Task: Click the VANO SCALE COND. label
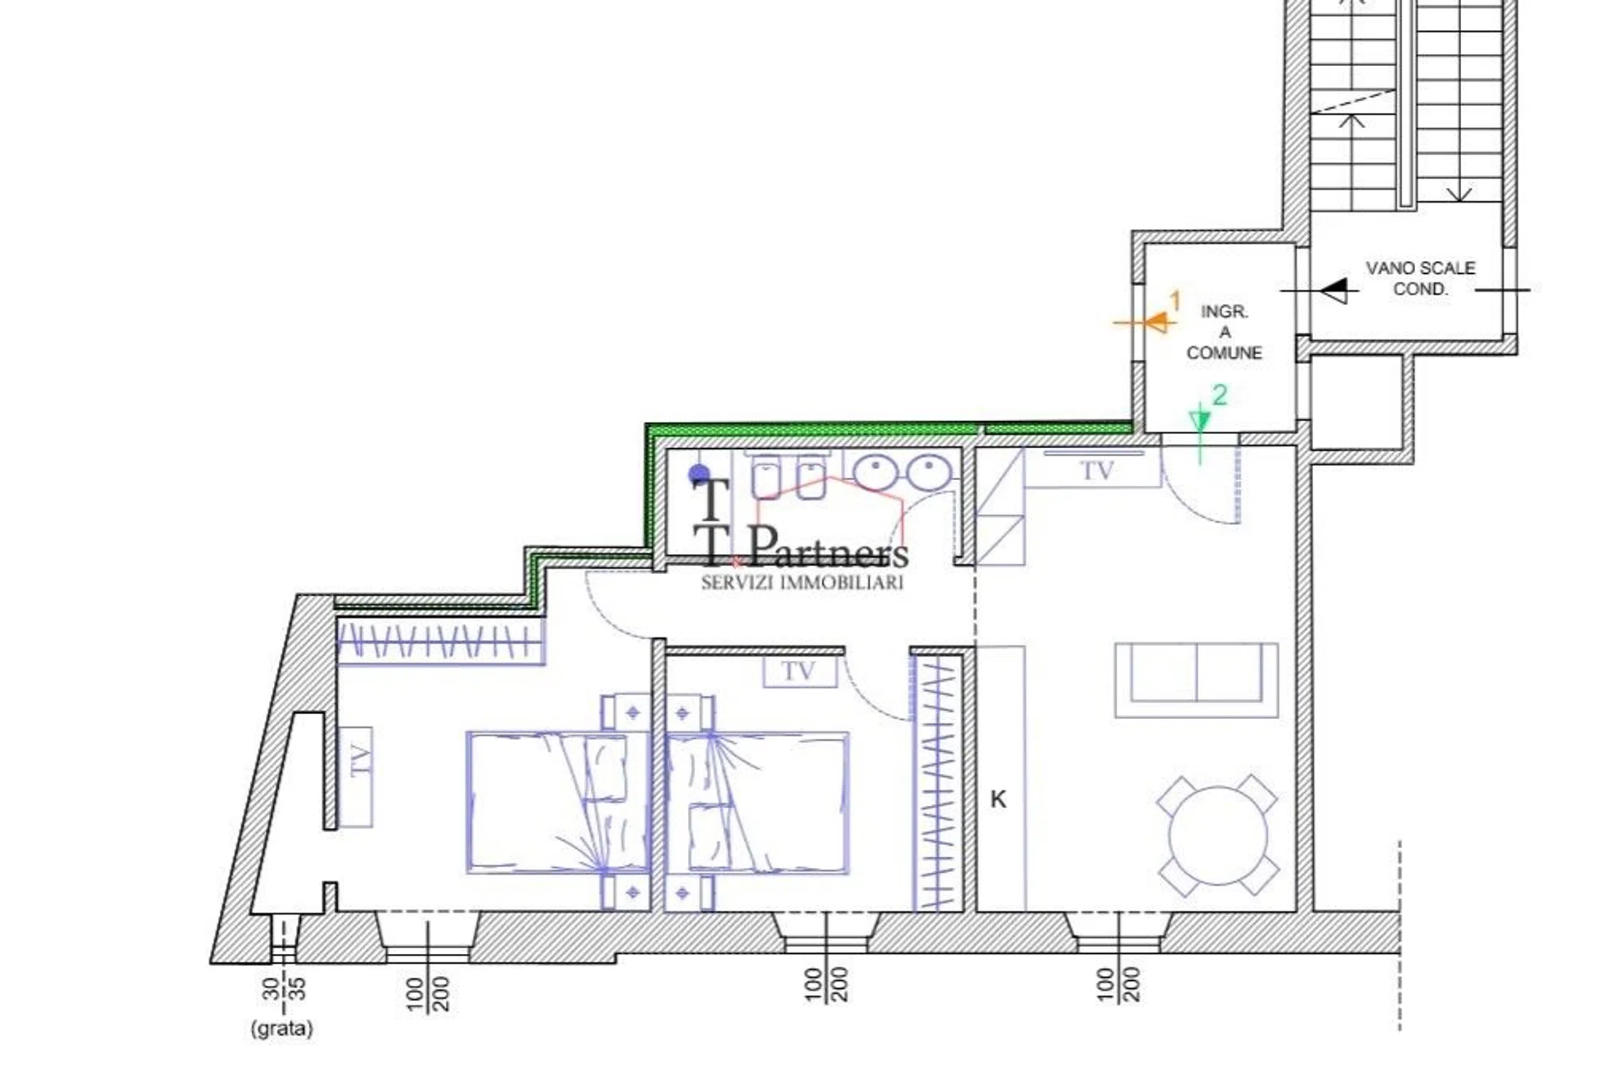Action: [x=1420, y=278]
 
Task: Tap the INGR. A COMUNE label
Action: [x=1224, y=332]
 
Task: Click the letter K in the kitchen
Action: [x=998, y=800]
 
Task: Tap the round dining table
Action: [x=1218, y=835]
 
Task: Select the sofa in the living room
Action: [x=1196, y=680]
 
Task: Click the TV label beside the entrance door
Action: [x=1096, y=471]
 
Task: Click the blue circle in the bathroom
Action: [x=699, y=474]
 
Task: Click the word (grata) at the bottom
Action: [x=282, y=1029]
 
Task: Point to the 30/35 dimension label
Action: [x=283, y=989]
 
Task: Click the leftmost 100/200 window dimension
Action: [x=428, y=993]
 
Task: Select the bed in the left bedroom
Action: [x=558, y=802]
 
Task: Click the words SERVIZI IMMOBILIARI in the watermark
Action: [x=802, y=583]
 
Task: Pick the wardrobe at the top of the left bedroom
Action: [x=440, y=642]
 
